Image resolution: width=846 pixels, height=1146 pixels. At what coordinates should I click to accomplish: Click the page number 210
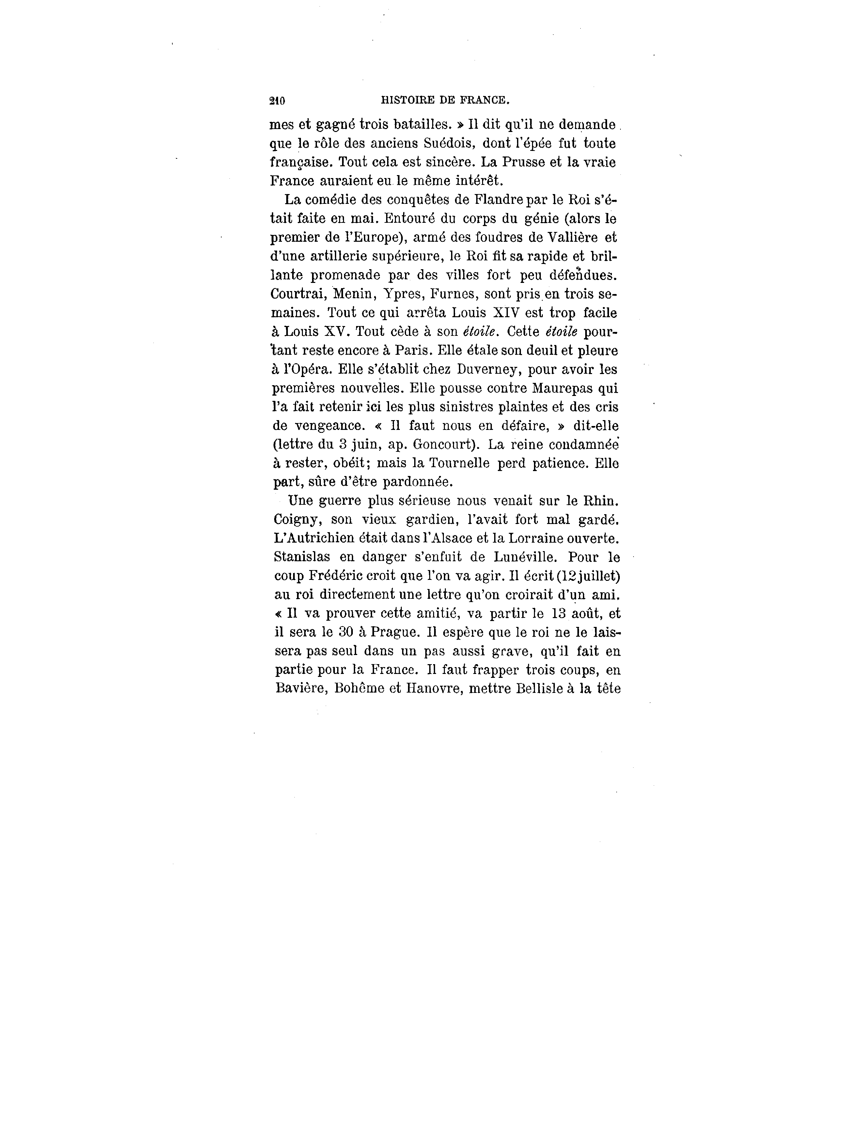click(277, 101)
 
